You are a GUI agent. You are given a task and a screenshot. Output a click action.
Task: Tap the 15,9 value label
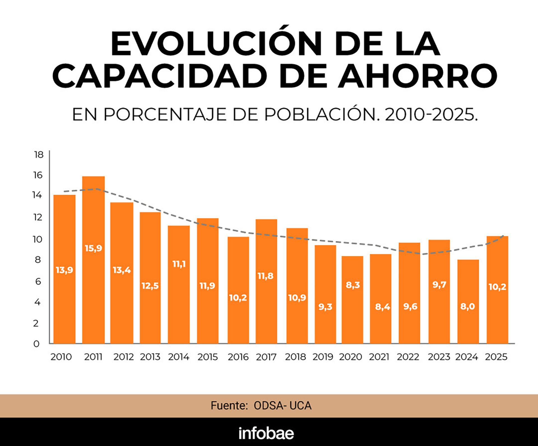[93, 248]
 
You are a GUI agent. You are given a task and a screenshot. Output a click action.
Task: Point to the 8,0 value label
[468, 306]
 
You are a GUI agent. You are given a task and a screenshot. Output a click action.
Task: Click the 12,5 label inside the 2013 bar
[150, 286]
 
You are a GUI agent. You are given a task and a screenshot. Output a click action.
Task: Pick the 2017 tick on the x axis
[266, 357]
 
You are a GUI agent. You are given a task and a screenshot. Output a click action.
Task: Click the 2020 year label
[351, 357]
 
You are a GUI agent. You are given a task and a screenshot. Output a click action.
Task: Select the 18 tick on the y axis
[39, 154]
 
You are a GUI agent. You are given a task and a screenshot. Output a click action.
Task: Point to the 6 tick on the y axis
[38, 281]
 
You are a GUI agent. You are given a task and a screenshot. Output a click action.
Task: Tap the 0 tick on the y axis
[36, 344]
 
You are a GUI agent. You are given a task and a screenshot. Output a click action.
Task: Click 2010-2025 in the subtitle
[431, 115]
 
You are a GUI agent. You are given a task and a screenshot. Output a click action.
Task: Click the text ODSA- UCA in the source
[282, 406]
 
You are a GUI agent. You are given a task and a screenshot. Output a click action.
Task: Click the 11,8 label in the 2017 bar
[265, 276]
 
